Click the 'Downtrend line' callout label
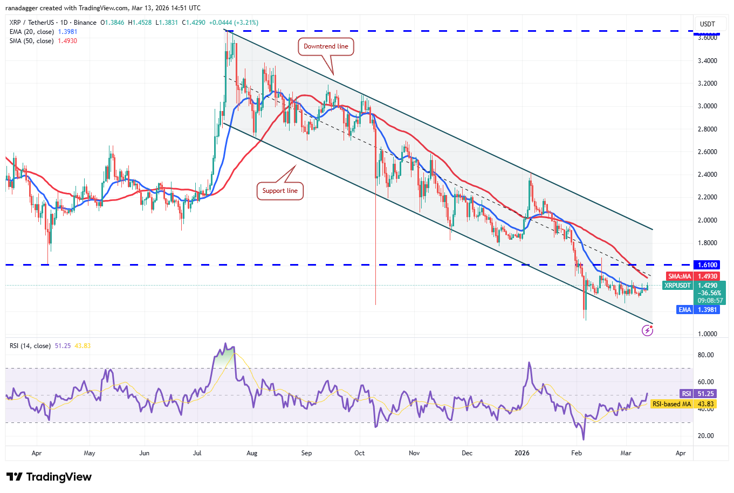(x=326, y=46)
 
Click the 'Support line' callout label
(x=280, y=191)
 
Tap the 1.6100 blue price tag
(x=707, y=265)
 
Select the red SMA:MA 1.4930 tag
(x=692, y=276)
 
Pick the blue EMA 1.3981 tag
(x=698, y=310)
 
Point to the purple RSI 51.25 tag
(x=698, y=394)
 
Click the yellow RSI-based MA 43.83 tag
(x=684, y=404)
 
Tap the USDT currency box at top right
(x=707, y=24)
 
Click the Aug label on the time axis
(x=252, y=453)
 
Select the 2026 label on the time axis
(x=522, y=453)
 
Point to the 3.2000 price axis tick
(x=707, y=84)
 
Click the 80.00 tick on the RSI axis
(x=705, y=355)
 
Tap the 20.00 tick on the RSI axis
(x=705, y=436)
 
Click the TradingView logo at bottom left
(x=49, y=477)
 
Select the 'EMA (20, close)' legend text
(x=31, y=32)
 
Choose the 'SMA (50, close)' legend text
(x=31, y=41)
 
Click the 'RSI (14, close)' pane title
(x=30, y=346)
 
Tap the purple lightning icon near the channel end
(x=647, y=331)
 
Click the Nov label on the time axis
(x=414, y=453)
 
